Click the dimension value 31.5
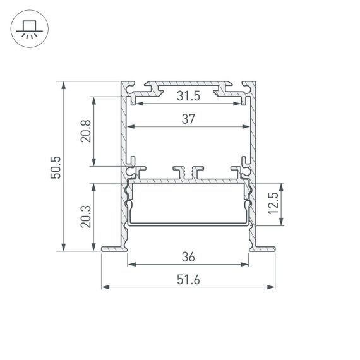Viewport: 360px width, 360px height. (x=188, y=96)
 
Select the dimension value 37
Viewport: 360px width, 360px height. (x=188, y=119)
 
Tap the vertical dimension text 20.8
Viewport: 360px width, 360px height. (x=87, y=131)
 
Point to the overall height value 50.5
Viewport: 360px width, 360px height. (x=56, y=166)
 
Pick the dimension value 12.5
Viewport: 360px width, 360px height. (x=272, y=204)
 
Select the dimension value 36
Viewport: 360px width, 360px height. (x=188, y=257)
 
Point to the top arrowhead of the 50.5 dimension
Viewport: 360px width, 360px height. (x=64, y=83)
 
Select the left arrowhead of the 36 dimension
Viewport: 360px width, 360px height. (x=131, y=265)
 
